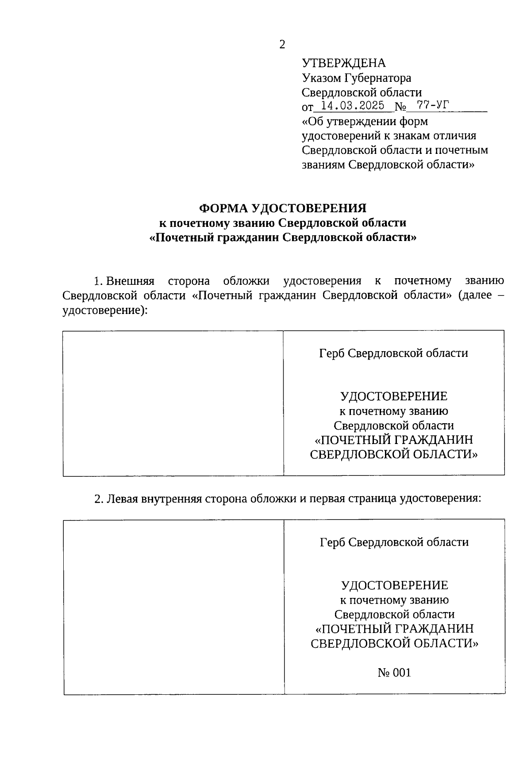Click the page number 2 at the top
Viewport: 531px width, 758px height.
[x=282, y=44]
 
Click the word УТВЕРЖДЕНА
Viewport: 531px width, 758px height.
[x=343, y=63]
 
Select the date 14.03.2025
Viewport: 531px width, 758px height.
[x=353, y=106]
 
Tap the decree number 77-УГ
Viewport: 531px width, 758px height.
[x=427, y=106]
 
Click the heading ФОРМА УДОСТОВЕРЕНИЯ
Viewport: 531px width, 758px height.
[x=283, y=208]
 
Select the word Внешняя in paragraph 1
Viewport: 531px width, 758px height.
[x=131, y=281]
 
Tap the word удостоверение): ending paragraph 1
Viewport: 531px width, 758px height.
[x=104, y=310]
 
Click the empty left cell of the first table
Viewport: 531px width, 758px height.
[x=173, y=403]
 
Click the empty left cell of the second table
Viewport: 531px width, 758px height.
[x=174, y=607]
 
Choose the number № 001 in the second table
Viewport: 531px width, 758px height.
[x=394, y=673]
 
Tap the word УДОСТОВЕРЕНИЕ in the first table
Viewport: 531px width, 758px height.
[x=393, y=396]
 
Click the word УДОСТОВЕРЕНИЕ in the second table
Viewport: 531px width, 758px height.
[x=394, y=586]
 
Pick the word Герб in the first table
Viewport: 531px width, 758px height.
[x=332, y=353]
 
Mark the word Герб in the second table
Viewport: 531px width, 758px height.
[x=333, y=542]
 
